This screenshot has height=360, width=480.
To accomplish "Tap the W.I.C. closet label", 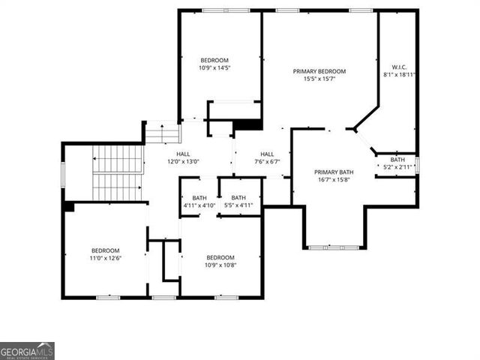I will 399,66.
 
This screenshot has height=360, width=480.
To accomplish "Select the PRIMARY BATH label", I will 333,172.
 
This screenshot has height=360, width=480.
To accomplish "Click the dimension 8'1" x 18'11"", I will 399,74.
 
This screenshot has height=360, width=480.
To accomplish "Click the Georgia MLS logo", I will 27,351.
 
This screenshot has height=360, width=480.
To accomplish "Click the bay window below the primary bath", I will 334,247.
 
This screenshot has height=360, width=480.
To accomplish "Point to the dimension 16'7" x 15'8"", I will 333,180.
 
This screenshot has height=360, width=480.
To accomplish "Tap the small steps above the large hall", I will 163,133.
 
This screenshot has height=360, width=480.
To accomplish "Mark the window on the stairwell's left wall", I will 63,173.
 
